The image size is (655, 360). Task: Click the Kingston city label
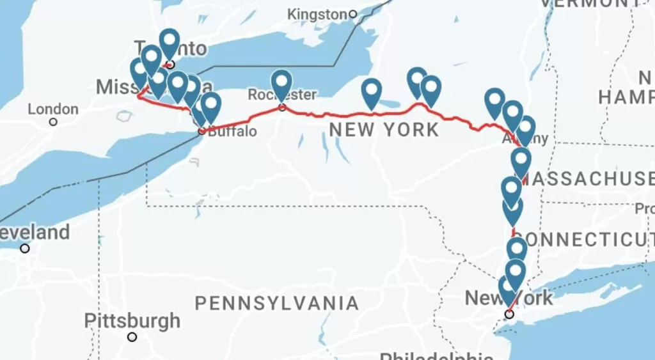click(x=317, y=13)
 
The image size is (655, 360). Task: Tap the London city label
click(x=53, y=109)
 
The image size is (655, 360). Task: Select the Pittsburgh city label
click(x=132, y=320)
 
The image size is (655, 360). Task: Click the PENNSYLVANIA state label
click(x=276, y=303)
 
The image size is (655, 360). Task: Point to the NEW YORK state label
click(x=384, y=130)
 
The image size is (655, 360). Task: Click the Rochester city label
click(x=282, y=95)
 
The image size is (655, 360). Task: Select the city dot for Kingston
click(x=352, y=13)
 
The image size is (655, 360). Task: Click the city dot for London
click(x=53, y=121)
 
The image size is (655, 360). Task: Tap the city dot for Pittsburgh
click(x=132, y=337)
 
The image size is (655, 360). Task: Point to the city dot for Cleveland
click(x=24, y=248)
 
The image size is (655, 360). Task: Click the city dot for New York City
click(x=509, y=314)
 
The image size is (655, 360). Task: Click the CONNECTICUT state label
click(x=585, y=239)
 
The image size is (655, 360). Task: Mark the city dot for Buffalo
click(x=201, y=131)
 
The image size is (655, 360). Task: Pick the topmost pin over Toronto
click(x=169, y=43)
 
